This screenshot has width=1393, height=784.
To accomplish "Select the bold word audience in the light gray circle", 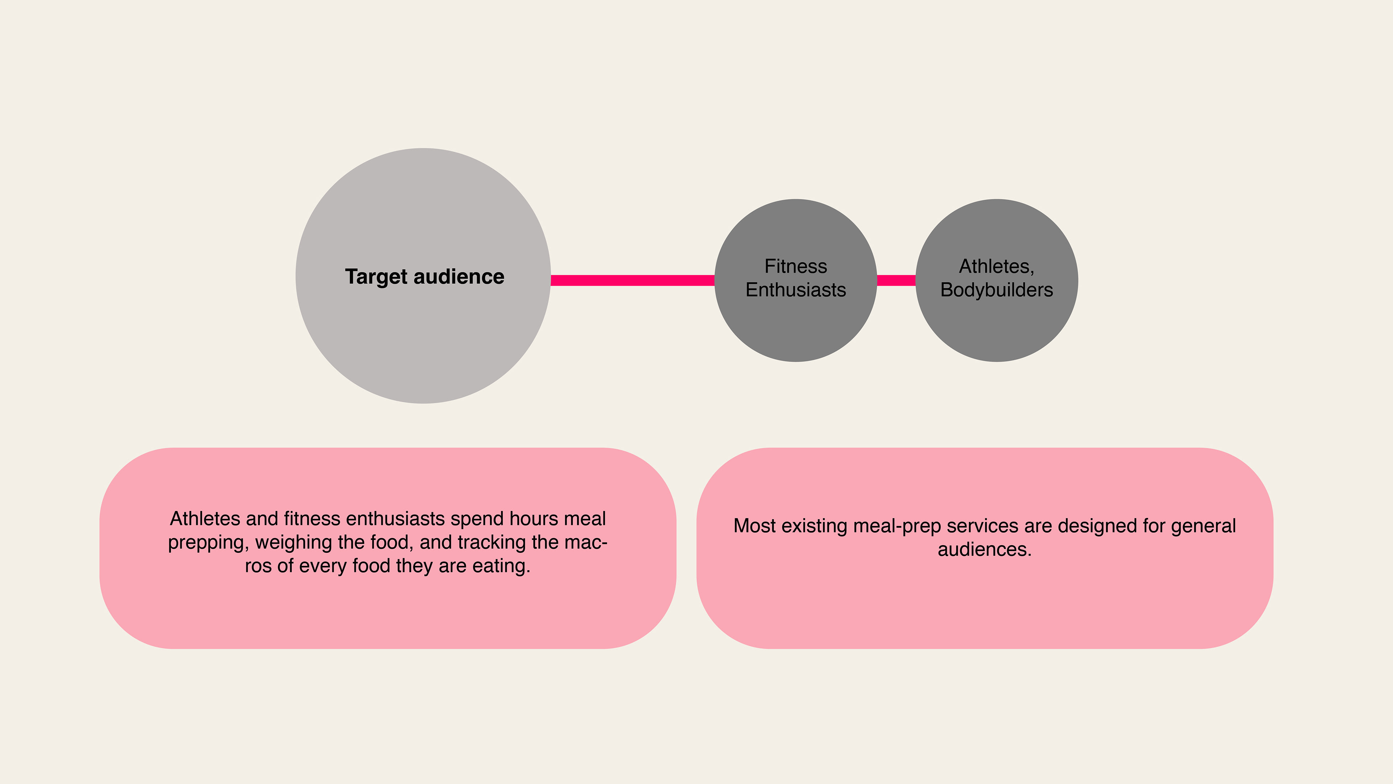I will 459,277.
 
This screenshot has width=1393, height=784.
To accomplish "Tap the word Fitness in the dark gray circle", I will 796,266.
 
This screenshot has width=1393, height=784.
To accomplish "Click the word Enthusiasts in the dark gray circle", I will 796,290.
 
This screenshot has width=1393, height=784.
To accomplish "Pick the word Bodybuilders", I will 997,290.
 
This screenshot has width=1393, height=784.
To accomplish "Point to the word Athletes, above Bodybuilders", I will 997,266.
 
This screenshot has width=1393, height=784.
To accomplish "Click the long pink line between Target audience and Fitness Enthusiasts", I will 632,280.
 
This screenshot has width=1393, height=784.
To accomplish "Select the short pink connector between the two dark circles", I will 896,280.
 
